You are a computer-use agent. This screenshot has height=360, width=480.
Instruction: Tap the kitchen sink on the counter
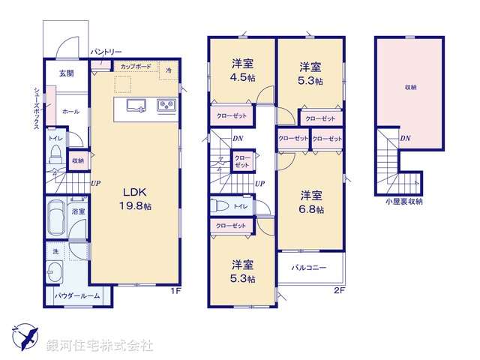coord(136,106)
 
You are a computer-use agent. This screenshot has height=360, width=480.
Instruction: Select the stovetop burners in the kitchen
coord(165,106)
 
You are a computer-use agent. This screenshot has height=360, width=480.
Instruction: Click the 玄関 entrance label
coord(67,73)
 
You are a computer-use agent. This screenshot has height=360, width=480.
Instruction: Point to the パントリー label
coord(106,52)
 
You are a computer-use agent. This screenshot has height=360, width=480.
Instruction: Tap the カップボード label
coord(135,67)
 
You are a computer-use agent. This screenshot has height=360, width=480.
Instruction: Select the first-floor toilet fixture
coord(55,154)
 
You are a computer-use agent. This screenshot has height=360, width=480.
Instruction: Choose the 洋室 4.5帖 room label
coord(241,69)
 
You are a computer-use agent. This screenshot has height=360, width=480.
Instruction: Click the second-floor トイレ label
coord(241,205)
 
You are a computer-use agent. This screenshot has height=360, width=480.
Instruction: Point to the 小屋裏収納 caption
coord(403,201)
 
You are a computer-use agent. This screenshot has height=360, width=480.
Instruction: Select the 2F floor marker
coord(339,290)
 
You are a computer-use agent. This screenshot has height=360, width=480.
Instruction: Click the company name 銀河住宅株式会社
coord(99,346)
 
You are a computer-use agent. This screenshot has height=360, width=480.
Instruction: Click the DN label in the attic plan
coord(404,138)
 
